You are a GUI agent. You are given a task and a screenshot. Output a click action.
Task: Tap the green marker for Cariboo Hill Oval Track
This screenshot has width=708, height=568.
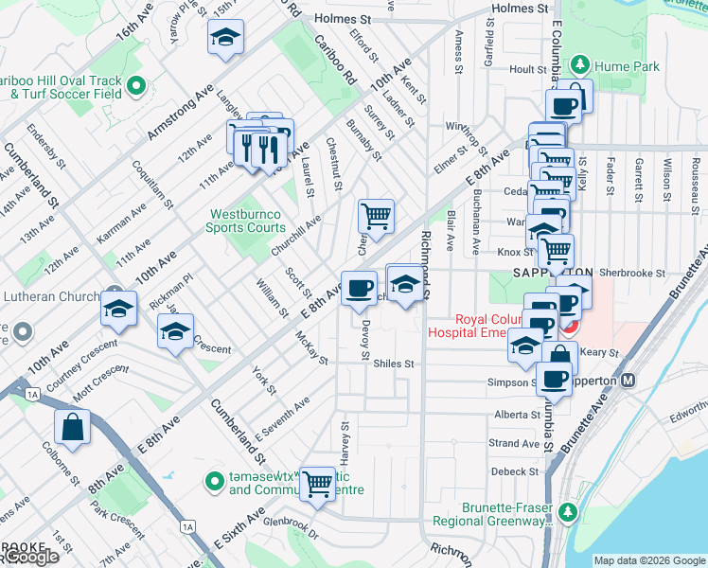click(135, 87)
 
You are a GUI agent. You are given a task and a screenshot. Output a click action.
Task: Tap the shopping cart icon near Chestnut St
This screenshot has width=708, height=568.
click(376, 215)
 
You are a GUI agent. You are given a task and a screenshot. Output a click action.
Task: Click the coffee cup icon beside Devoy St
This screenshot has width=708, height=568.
click(358, 288)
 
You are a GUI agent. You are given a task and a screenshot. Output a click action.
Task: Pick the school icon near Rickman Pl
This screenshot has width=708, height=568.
click(119, 309)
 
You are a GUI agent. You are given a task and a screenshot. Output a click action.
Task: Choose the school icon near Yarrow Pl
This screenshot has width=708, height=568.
click(225, 37)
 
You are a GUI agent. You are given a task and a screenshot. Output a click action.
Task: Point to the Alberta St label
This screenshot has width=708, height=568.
click(515, 415)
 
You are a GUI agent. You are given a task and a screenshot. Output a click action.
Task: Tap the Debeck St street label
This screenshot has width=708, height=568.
click(514, 471)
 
